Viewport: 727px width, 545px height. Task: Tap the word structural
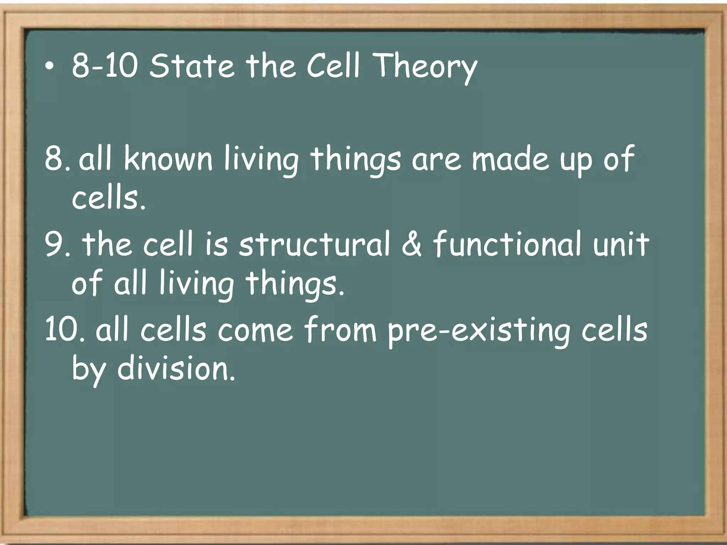(314, 244)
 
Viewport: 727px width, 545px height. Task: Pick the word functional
(508, 244)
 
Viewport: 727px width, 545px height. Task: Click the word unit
(621, 244)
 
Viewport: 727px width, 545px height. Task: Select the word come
(256, 330)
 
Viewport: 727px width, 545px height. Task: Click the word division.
(176, 369)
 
